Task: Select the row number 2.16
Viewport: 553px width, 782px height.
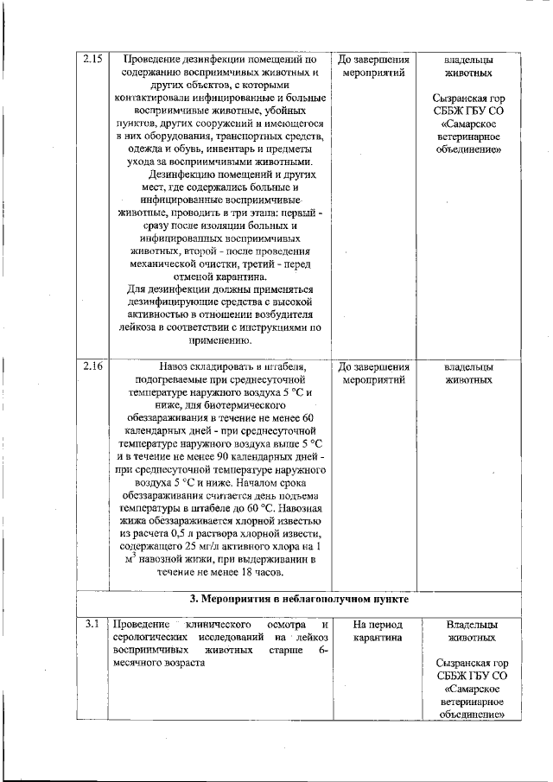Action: (x=92, y=366)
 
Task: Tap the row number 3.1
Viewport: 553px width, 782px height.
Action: (x=92, y=624)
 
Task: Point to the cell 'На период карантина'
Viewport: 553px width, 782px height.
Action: (x=372, y=631)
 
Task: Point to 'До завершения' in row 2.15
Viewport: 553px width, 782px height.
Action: (x=372, y=60)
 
